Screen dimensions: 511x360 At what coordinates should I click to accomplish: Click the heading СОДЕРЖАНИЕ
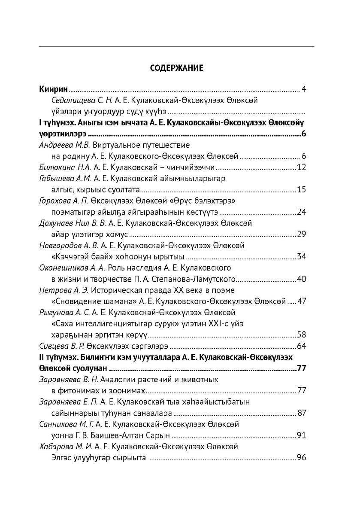pyautogui.click(x=176, y=68)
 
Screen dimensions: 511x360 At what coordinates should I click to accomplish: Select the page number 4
pyautogui.click(x=303, y=89)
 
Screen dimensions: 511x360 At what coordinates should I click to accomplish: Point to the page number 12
pyautogui.click(x=301, y=167)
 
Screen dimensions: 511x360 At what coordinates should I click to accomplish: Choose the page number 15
pyautogui.click(x=301, y=190)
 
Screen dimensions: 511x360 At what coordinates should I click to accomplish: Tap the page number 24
pyautogui.click(x=301, y=212)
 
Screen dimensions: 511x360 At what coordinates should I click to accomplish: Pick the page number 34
pyautogui.click(x=301, y=257)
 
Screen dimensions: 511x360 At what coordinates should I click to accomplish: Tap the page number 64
pyautogui.click(x=301, y=346)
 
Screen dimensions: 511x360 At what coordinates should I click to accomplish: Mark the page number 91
pyautogui.click(x=301, y=435)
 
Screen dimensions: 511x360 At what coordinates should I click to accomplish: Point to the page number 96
pyautogui.click(x=301, y=458)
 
